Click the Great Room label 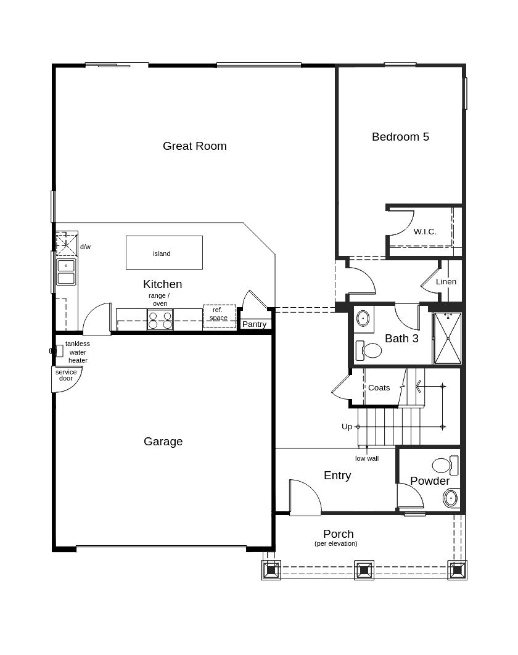pyautogui.click(x=195, y=146)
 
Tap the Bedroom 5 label pyautogui.click(x=400, y=136)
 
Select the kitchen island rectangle pyautogui.click(x=164, y=252)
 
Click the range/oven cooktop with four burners pyautogui.click(x=160, y=320)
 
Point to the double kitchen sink pyautogui.click(x=66, y=271)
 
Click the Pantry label pyautogui.click(x=255, y=324)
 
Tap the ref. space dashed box pyautogui.click(x=220, y=316)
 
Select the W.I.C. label pyautogui.click(x=425, y=231)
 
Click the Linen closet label pyautogui.click(x=446, y=281)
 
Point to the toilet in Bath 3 pyautogui.click(x=368, y=350)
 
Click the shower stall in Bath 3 pyautogui.click(x=448, y=338)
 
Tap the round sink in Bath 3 pyautogui.click(x=363, y=318)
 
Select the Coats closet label pyautogui.click(x=379, y=388)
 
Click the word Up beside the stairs pyautogui.click(x=347, y=427)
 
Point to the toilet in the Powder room pyautogui.click(x=445, y=466)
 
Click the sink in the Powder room pyautogui.click(x=450, y=498)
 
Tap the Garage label pyautogui.click(x=163, y=442)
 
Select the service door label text pyautogui.click(x=66, y=375)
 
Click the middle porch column pyautogui.click(x=364, y=570)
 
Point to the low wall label pyautogui.click(x=367, y=458)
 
